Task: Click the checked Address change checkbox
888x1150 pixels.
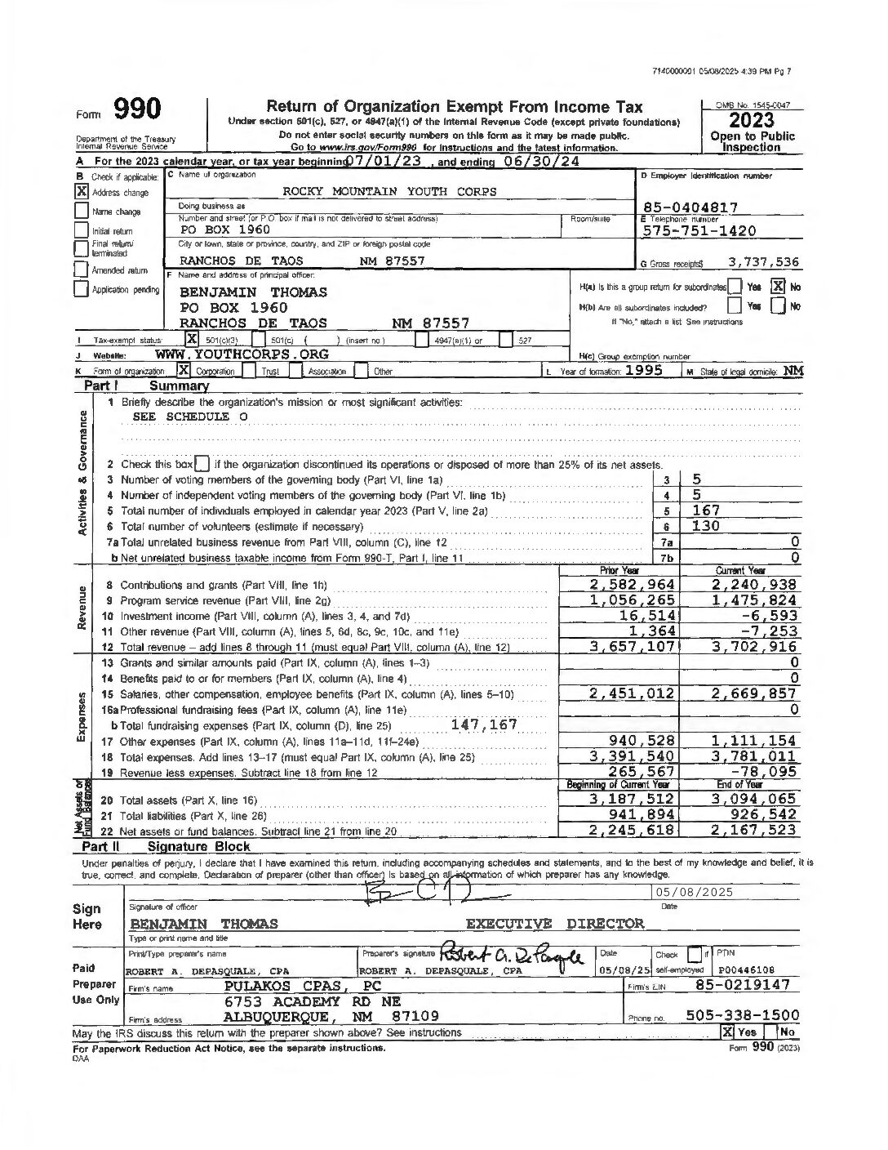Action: pyautogui.click(x=82, y=193)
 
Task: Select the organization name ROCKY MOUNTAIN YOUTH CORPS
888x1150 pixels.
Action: pyautogui.click(x=389, y=191)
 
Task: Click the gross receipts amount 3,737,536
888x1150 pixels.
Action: pyautogui.click(x=762, y=262)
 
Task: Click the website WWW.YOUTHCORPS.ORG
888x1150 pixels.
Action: pyautogui.click(x=242, y=354)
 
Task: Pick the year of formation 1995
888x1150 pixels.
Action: pyautogui.click(x=649, y=370)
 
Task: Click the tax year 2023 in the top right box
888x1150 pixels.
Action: pyautogui.click(x=753, y=121)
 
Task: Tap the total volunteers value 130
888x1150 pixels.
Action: pyautogui.click(x=706, y=526)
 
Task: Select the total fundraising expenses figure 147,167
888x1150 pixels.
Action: pyautogui.click(x=483, y=724)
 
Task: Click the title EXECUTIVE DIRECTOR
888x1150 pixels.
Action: pyautogui.click(x=554, y=924)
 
